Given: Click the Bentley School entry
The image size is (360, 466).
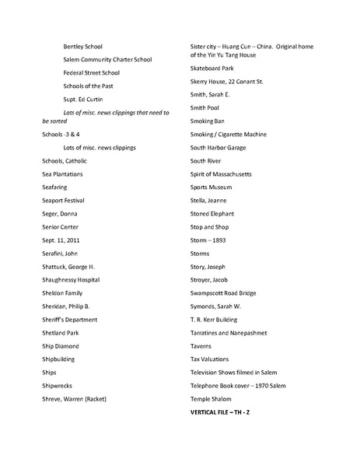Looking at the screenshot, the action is click(82, 47).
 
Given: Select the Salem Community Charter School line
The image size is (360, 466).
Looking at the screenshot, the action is click(107, 60).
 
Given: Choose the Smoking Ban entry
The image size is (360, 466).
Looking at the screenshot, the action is click(209, 121).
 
